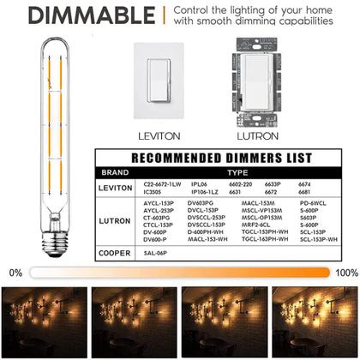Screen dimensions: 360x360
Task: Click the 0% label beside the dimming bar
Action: (x=15, y=272)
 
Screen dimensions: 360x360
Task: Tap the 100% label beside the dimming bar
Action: (x=346, y=272)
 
